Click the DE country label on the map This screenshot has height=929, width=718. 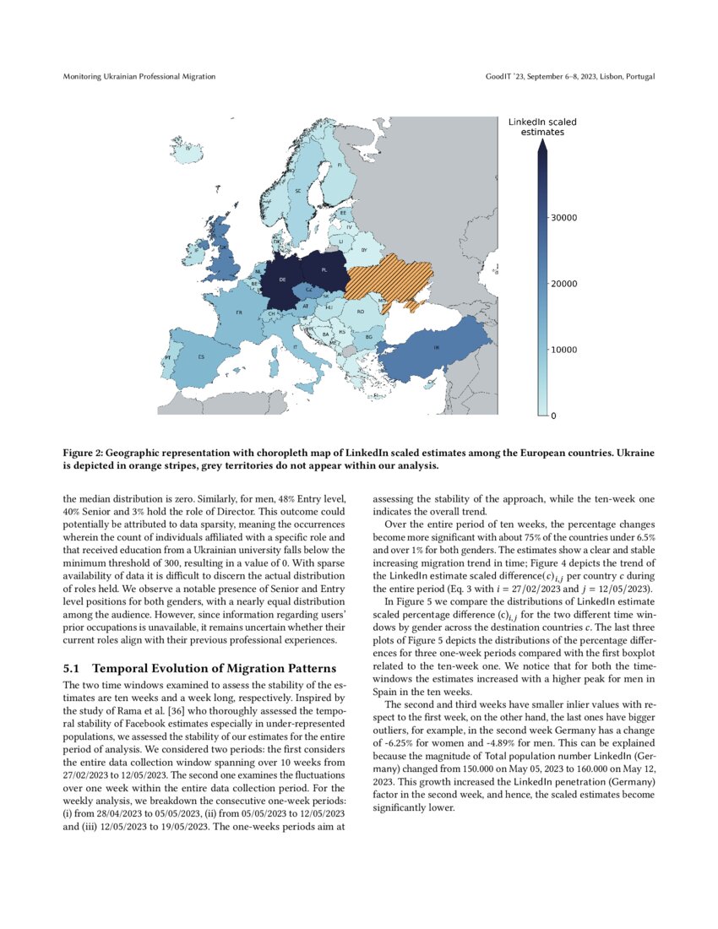pyautogui.click(x=282, y=279)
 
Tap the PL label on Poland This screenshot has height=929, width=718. pyautogui.click(x=324, y=270)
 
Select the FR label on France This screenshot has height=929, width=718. pyautogui.click(x=240, y=312)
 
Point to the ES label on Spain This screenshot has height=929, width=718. pyautogui.click(x=201, y=356)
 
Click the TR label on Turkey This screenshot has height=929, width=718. pyautogui.click(x=436, y=348)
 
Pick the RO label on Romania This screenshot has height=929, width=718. pyautogui.click(x=360, y=312)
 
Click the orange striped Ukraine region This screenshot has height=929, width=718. pyautogui.click(x=393, y=279)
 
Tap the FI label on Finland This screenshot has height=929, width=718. pyautogui.click(x=340, y=166)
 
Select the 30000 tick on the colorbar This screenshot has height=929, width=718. pyautogui.click(x=564, y=218)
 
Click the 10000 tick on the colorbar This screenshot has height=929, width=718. pyautogui.click(x=564, y=350)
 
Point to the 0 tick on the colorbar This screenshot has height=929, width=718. pyautogui.click(x=554, y=416)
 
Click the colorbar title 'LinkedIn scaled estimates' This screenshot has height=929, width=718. pyautogui.click(x=542, y=128)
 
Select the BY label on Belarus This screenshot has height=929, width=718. pyautogui.click(x=363, y=250)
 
